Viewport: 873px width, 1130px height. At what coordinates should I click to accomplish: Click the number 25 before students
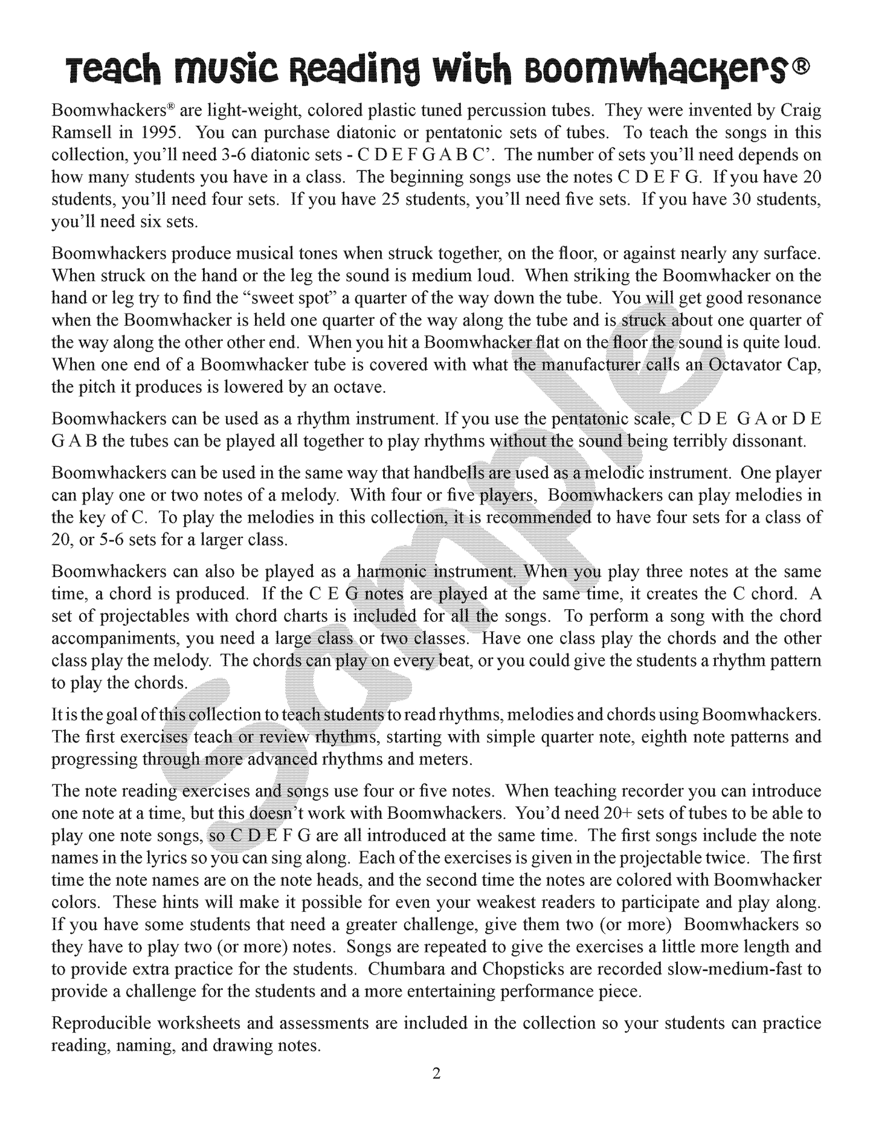[393, 199]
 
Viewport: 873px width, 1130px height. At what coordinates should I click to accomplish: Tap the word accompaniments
[115, 639]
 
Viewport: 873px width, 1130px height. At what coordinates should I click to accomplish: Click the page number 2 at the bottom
[436, 1074]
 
